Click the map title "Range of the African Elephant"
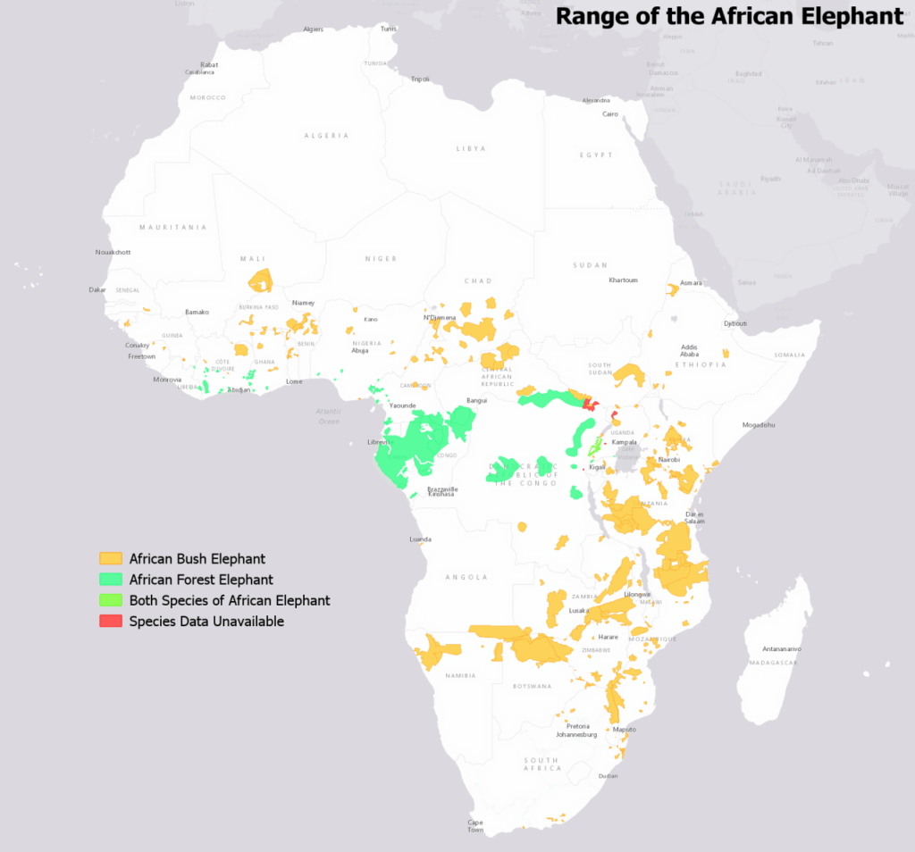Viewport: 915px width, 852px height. [x=729, y=16]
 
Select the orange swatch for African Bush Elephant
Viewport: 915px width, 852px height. [x=111, y=558]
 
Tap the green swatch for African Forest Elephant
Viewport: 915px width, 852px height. [x=111, y=580]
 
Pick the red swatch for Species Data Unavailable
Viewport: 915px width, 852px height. [x=111, y=622]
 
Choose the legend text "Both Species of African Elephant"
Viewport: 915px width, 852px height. [x=230, y=600]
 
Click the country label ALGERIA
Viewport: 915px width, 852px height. [x=326, y=136]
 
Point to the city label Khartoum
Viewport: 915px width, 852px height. [x=623, y=280]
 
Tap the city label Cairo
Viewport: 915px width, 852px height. [x=611, y=114]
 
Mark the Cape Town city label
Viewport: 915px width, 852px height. [x=476, y=826]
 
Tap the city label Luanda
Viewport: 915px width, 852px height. [x=419, y=539]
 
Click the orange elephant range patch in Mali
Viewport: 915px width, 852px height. [x=261, y=281]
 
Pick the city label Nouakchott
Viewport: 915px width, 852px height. [x=113, y=252]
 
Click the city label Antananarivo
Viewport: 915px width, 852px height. [x=781, y=648]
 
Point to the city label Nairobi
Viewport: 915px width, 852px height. [x=669, y=459]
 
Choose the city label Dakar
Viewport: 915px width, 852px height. [x=97, y=289]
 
